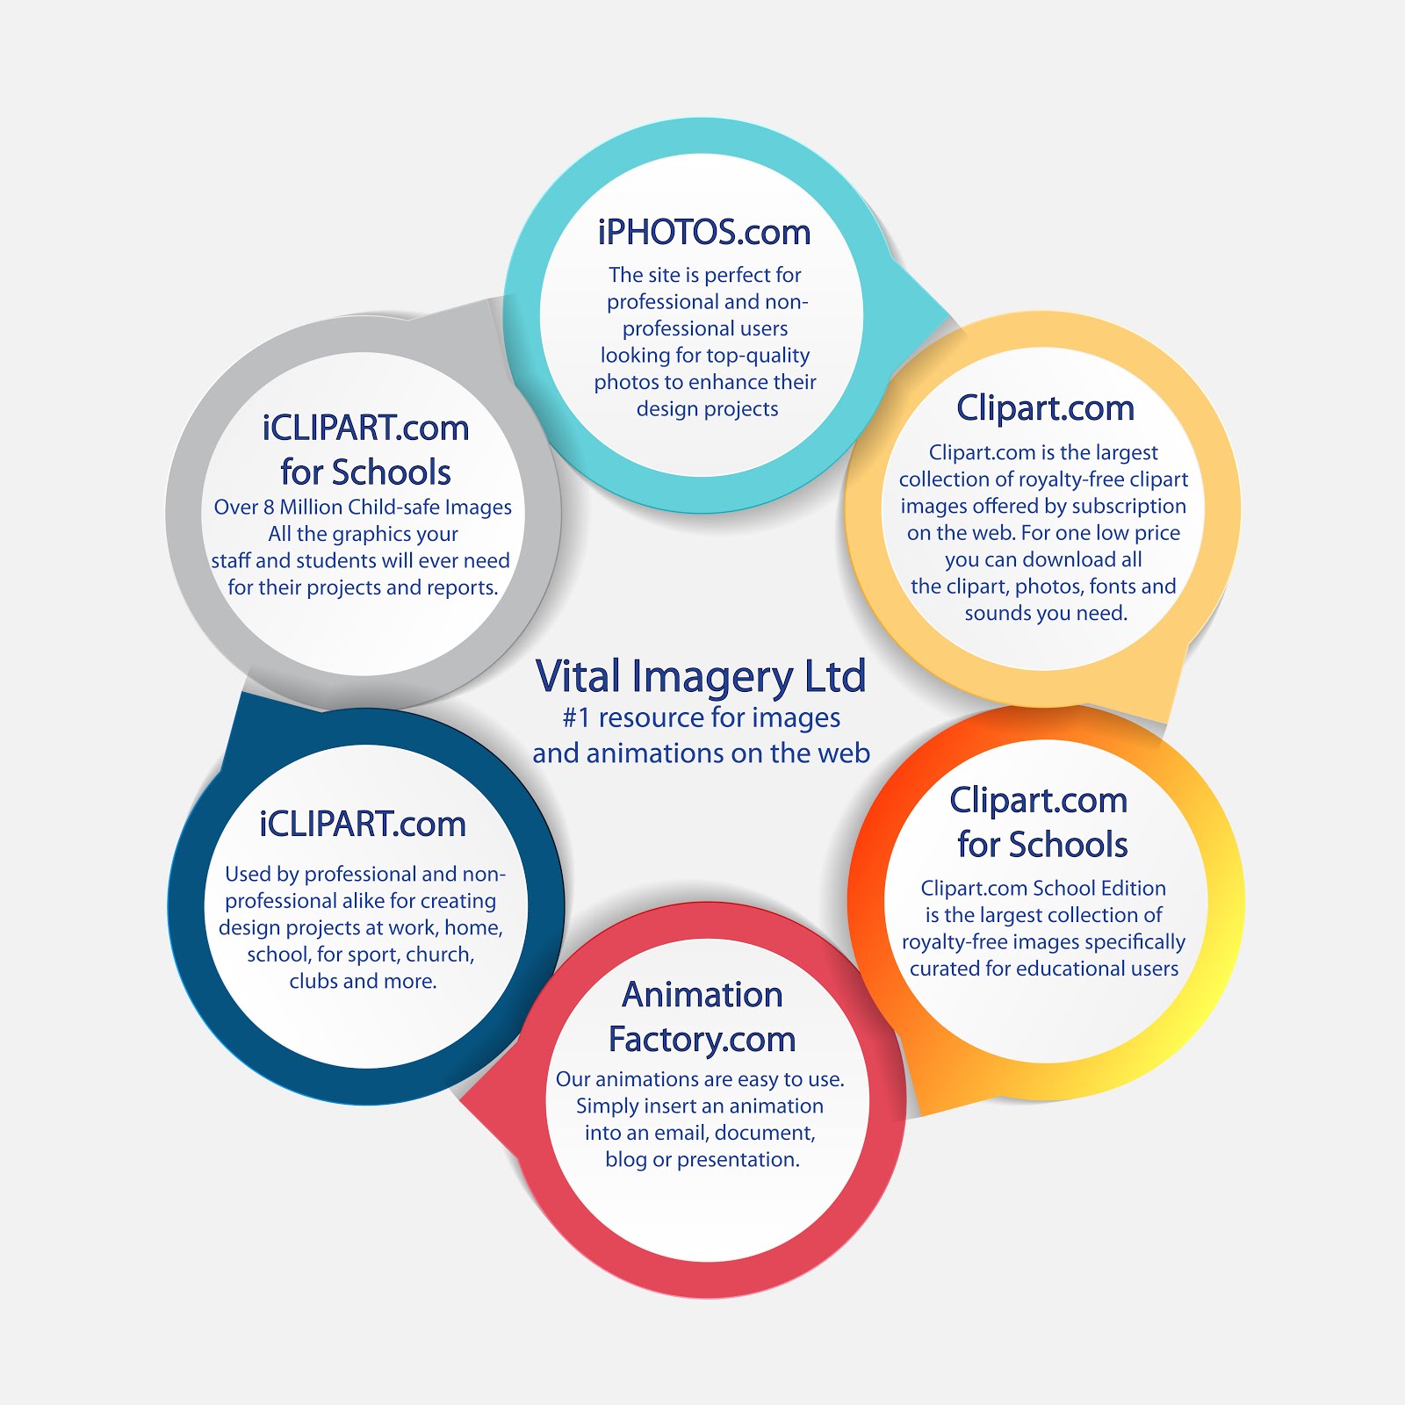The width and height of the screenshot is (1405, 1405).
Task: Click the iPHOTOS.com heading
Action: coord(703,233)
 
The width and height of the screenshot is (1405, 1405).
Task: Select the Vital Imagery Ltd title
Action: coord(701,677)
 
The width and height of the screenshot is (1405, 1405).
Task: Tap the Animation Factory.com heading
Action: coord(702,1017)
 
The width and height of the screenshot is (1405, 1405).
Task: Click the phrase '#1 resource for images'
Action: coord(701,718)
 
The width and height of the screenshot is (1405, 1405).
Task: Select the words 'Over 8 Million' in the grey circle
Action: coord(277,508)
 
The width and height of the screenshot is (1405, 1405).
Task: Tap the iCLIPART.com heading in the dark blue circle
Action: coord(363,825)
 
